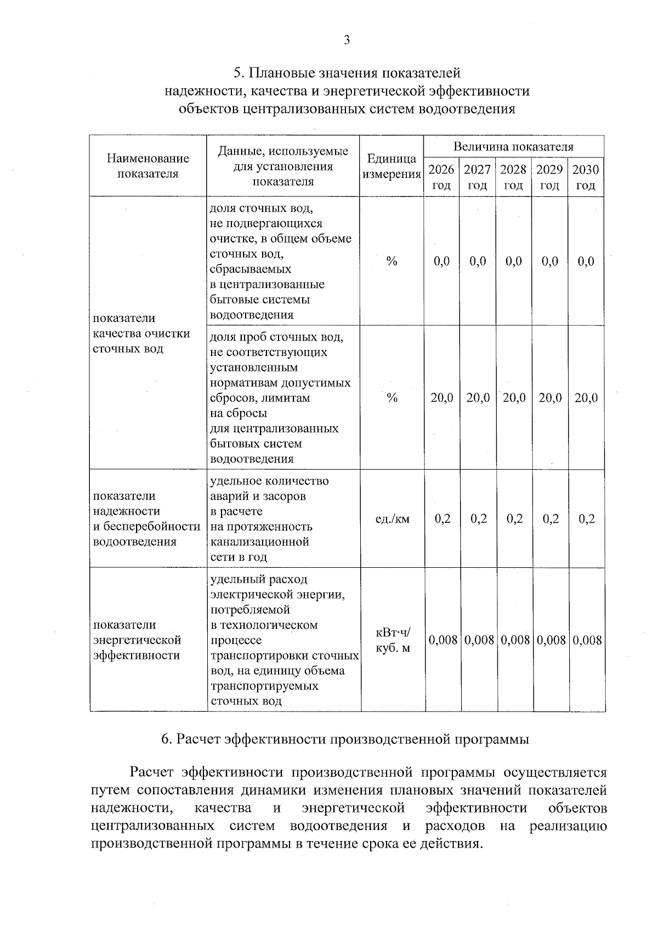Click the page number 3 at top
click(346, 40)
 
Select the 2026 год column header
click(441, 177)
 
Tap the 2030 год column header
click(586, 177)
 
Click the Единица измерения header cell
click(392, 166)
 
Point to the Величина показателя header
click(513, 146)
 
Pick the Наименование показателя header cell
click(148, 166)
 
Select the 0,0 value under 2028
click(514, 262)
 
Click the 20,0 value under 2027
click(478, 398)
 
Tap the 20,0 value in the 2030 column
click(586, 398)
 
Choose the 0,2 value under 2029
click(550, 519)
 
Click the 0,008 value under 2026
click(443, 640)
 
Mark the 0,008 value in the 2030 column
click(587, 640)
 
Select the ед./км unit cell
click(392, 519)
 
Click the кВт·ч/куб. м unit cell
click(392, 640)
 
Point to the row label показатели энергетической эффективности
click(137, 640)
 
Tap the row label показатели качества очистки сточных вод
click(141, 334)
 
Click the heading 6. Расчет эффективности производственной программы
click(345, 739)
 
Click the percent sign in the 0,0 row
click(392, 262)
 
